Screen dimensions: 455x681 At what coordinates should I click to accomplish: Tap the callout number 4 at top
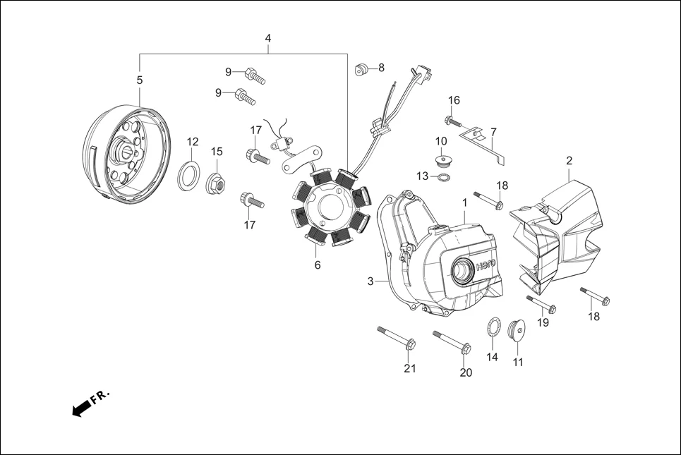(268, 37)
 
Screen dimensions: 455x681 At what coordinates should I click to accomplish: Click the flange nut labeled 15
(216, 183)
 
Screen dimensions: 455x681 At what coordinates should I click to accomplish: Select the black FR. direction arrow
(83, 407)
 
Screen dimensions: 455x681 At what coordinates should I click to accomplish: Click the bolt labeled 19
(541, 304)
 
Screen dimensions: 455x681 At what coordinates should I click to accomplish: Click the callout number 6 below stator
(318, 265)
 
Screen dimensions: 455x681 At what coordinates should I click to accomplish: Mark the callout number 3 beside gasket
(370, 281)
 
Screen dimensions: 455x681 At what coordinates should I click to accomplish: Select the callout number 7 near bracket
(493, 132)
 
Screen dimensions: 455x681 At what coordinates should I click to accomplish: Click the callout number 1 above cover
(464, 202)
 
